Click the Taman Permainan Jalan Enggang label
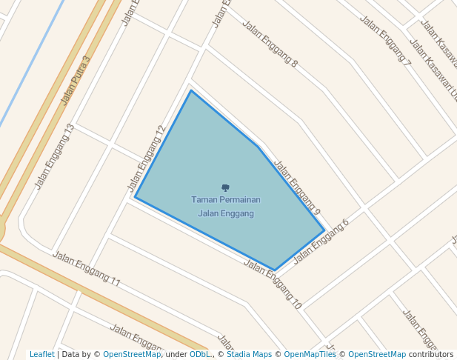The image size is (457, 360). [225, 207]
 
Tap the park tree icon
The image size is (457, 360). [225, 188]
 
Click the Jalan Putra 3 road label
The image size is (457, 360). [75, 80]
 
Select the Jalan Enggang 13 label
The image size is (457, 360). [55, 156]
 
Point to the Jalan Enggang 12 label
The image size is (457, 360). [146, 158]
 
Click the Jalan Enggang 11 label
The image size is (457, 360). [86, 269]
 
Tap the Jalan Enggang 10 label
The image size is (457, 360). [273, 284]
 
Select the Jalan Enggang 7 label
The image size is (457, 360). [385, 40]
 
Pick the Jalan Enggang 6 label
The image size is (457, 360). [321, 241]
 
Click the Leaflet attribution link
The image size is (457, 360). [41, 355]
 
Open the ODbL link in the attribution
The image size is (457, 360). [199, 355]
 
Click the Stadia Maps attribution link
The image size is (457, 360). [248, 355]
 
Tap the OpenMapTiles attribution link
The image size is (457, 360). [310, 355]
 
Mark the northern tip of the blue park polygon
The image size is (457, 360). [191, 91]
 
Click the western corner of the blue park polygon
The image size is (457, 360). [135, 197]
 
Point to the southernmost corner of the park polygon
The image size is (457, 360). [275, 270]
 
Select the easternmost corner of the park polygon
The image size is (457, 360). [324, 230]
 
